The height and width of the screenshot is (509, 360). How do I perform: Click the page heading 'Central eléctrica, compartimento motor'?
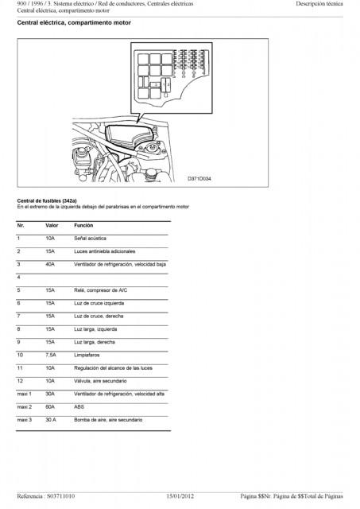74,23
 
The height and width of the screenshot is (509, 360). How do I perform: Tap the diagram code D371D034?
199,179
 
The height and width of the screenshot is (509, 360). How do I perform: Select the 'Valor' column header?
52,225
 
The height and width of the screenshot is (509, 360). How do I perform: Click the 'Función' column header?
83,225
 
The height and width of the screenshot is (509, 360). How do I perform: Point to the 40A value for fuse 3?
50,264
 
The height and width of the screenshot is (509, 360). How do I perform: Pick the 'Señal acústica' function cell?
90,239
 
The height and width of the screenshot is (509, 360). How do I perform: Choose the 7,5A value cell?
51,356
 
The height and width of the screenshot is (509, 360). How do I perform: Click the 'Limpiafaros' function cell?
87,356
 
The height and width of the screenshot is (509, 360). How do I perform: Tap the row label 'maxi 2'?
25,406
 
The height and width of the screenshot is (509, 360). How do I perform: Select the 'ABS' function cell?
79,406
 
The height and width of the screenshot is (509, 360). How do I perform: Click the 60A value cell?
50,406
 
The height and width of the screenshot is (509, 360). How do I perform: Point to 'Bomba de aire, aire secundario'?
108,420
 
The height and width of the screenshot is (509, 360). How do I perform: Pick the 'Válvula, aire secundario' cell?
100,381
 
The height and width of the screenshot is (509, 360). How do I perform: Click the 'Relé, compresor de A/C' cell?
101,290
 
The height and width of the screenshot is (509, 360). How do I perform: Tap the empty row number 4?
18,278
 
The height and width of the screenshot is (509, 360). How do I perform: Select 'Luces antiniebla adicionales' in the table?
104,251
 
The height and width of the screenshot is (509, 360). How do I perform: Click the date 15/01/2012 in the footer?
180,496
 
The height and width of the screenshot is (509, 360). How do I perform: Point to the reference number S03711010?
60,496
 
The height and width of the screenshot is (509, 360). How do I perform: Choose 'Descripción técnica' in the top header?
319,4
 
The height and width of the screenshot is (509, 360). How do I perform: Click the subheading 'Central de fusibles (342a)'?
47,201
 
